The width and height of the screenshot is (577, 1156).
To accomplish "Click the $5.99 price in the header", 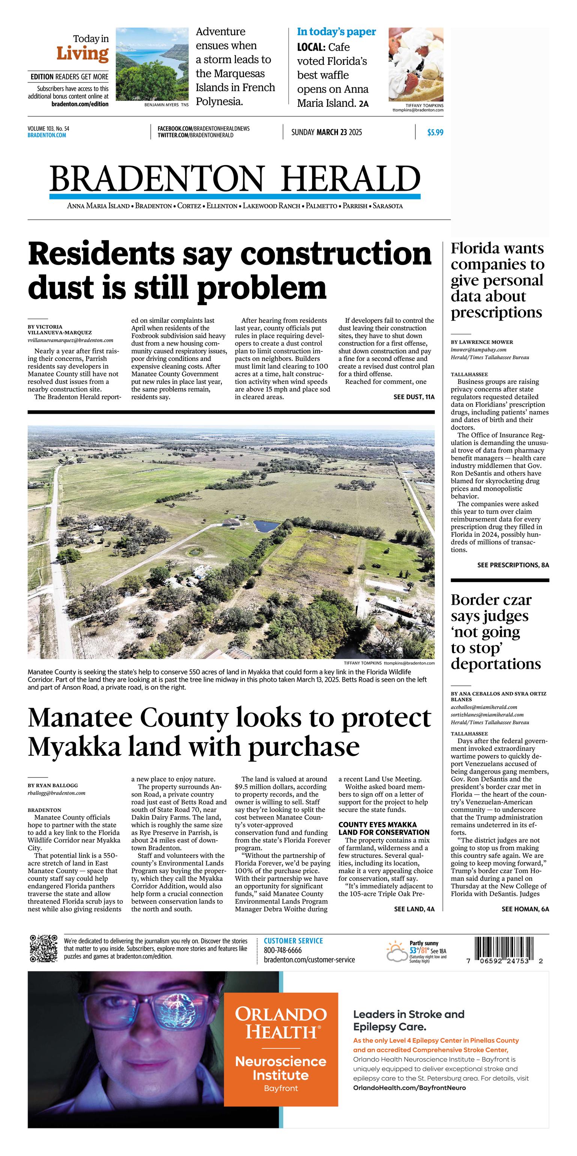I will pyautogui.click(x=435, y=132).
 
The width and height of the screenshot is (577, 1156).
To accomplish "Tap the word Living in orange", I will pyautogui.click(x=83, y=54).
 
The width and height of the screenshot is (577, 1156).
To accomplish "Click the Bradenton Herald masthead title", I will pyautogui.click(x=235, y=178).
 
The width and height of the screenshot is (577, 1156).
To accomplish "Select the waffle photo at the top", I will pyautogui.click(x=416, y=64).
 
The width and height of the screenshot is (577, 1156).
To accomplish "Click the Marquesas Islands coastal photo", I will pyautogui.click(x=152, y=64).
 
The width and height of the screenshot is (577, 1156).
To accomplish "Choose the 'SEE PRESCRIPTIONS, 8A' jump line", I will pyautogui.click(x=513, y=565).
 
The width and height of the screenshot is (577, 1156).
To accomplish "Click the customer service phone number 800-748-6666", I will pyautogui.click(x=283, y=950).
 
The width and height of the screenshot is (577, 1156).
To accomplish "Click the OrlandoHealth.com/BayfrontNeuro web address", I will pyautogui.click(x=409, y=1088).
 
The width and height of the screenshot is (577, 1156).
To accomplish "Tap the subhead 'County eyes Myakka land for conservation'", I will pyautogui.click(x=383, y=828).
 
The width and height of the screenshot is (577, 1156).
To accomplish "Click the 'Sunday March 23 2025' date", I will pyautogui.click(x=326, y=132).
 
